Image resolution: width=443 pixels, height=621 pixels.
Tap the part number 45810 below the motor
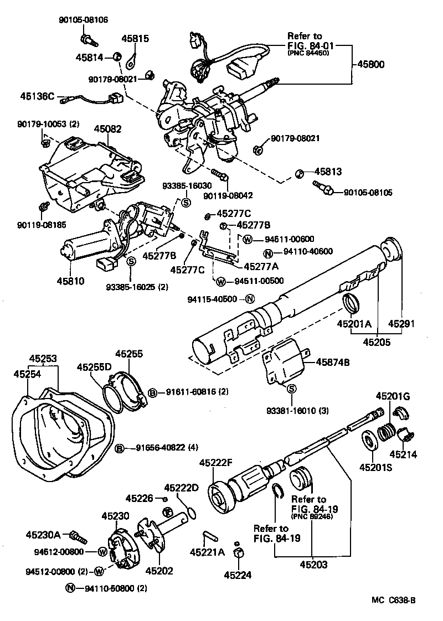70,281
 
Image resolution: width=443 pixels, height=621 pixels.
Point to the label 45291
401,323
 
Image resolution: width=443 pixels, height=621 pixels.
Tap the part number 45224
238,575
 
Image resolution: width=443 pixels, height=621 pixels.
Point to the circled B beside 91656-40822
119,448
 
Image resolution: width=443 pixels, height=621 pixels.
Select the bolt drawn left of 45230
77,536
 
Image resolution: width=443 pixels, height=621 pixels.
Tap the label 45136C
37,96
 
